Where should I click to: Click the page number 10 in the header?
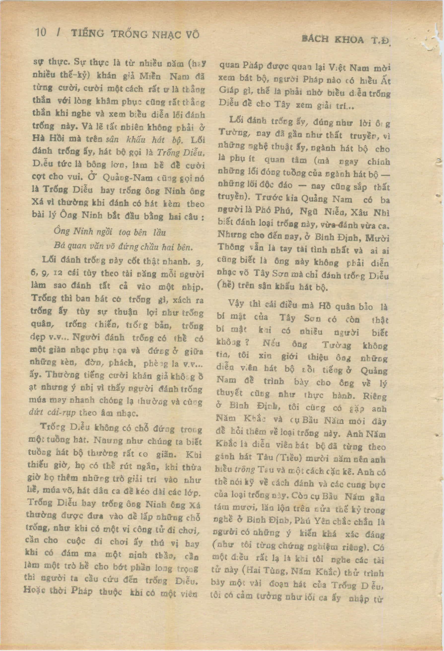(41, 33)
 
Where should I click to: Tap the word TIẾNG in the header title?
(87, 34)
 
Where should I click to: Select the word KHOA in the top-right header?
(349, 40)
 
